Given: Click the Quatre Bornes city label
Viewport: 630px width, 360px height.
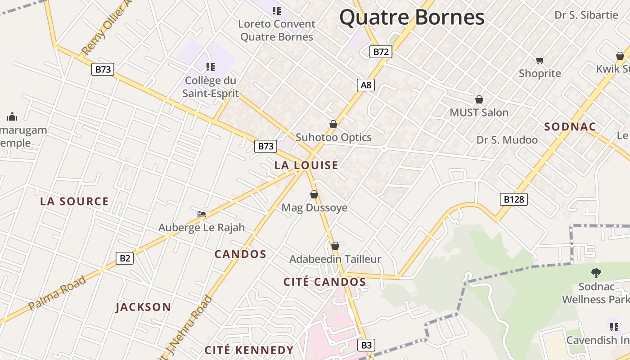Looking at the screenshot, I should coord(412,18).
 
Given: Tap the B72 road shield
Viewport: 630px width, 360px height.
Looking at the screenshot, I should coord(381,52).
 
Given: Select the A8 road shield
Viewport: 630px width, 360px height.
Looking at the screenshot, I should coord(366,85).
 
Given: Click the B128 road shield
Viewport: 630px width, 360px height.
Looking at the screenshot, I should coord(513,199).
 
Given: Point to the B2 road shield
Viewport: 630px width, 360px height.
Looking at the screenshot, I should coord(125,258).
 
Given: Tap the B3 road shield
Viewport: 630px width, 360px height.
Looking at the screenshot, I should coord(367,345).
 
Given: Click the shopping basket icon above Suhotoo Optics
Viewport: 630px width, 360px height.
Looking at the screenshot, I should coord(333,124).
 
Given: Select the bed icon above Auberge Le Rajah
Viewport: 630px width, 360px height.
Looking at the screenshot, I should coord(202,214).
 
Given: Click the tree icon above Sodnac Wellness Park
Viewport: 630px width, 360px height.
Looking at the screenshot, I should coord(596,273).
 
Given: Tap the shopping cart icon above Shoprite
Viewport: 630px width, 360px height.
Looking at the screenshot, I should coord(540,60).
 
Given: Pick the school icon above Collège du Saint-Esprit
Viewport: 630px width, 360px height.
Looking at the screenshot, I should coord(210,67).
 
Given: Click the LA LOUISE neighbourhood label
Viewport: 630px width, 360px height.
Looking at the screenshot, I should coord(306,165).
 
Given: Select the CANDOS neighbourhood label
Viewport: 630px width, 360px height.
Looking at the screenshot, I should coord(240,254).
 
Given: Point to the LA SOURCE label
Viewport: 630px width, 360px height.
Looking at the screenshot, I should coord(74,201).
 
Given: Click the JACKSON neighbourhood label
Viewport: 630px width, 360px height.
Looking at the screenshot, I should coord(143,307).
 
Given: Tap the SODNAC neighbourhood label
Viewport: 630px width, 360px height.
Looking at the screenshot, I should coord(570,127).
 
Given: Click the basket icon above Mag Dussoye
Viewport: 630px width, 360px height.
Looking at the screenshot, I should coord(314,194).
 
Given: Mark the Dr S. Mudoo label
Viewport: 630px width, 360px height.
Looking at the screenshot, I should coord(507,140).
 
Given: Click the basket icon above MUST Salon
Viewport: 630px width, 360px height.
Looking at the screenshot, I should coord(479,99).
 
